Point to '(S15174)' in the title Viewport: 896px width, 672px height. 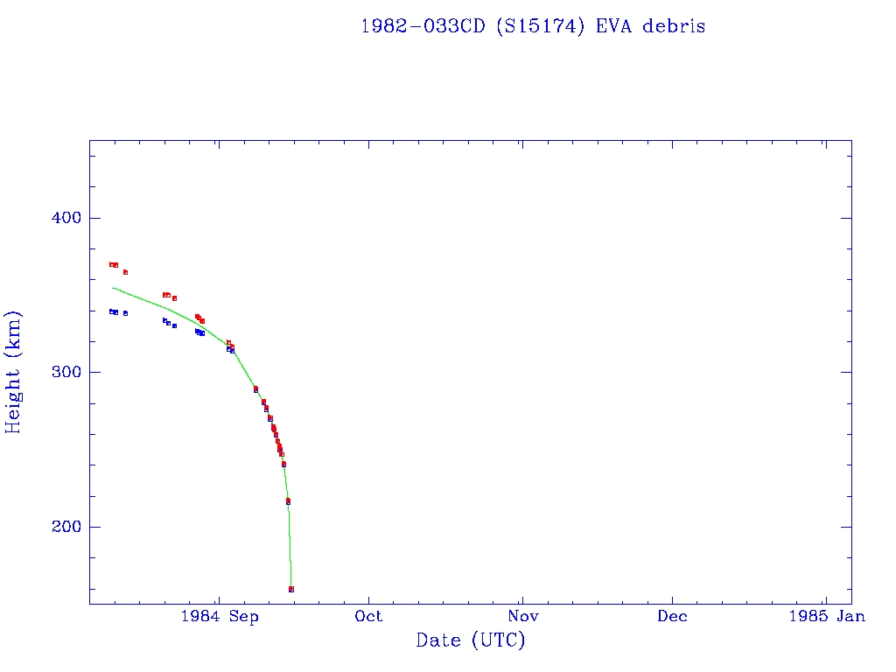pos(539,26)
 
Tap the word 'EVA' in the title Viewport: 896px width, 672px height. pos(614,26)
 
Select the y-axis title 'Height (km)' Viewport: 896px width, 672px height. pos(14,372)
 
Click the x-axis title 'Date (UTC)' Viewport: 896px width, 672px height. pos(471,640)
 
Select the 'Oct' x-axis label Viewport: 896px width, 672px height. pos(368,617)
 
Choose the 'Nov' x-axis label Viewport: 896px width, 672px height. pos(521,617)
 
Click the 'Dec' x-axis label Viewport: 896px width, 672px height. pos(672,617)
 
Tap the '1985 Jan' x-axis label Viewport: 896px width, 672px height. pos(826,617)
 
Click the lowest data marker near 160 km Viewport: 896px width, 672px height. pos(291,589)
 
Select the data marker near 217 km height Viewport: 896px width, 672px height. pos(288,500)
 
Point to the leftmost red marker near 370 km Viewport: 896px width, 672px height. pos(111,264)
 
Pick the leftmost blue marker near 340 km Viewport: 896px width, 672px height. pos(111,311)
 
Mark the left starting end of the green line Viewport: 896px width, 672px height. pos(112,288)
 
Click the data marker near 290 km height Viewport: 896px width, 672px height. pos(255,388)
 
